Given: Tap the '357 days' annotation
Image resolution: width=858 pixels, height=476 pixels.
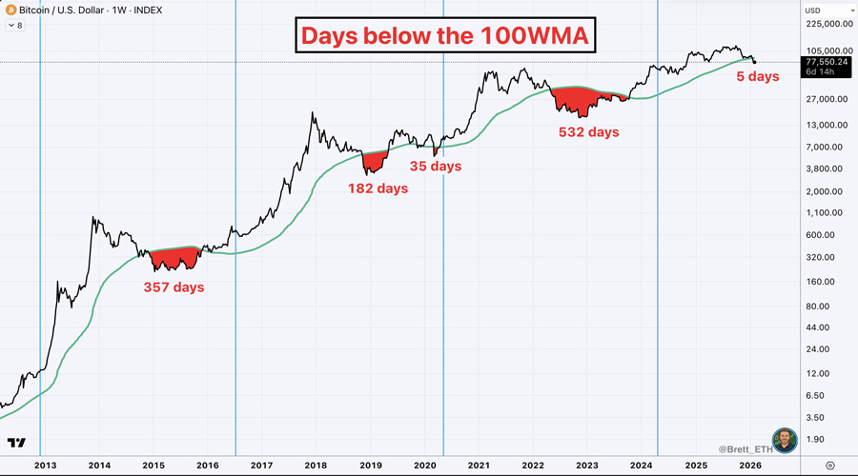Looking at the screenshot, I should click(x=174, y=286).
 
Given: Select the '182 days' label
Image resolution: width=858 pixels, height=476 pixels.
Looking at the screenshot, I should click(x=378, y=188).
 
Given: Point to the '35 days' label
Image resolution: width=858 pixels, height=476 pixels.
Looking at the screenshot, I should click(x=436, y=167).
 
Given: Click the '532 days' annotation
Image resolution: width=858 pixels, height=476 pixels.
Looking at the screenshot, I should click(x=588, y=132).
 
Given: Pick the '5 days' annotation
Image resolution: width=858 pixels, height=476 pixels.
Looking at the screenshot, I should click(x=758, y=76).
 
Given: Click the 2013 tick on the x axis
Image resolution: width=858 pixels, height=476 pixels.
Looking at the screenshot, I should click(x=45, y=465).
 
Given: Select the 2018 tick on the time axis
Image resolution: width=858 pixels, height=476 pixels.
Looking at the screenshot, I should click(x=316, y=465).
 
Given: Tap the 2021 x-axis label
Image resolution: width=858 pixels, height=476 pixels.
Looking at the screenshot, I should click(x=479, y=465).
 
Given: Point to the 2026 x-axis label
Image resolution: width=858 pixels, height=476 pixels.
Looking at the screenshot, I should click(x=749, y=465).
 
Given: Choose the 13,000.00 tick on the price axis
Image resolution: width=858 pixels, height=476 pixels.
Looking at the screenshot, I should click(x=827, y=125).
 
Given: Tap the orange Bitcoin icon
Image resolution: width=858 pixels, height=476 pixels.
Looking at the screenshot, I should click(x=10, y=11).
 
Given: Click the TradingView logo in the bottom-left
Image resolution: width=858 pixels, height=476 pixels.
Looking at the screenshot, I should click(x=15, y=443).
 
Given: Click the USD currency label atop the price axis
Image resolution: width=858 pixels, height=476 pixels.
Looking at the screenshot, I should click(x=813, y=10).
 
